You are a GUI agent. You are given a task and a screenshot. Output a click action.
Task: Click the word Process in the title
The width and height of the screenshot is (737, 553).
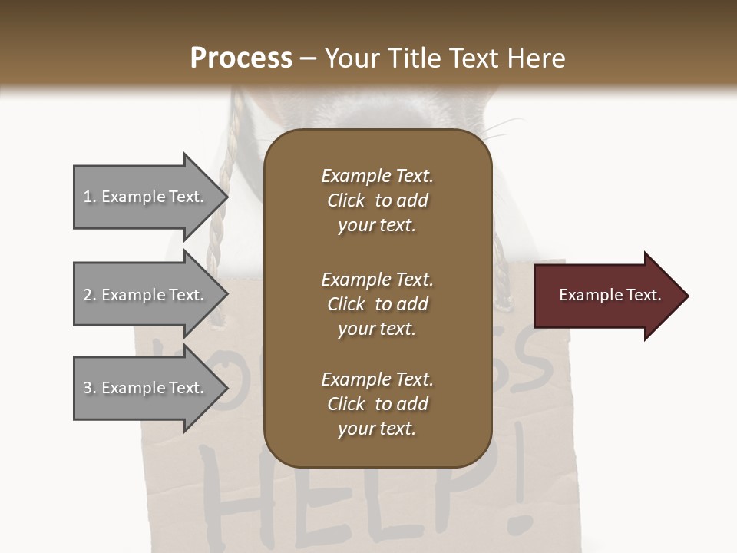tap(241, 58)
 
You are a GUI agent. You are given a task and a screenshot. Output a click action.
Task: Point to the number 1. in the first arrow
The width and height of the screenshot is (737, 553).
tap(90, 197)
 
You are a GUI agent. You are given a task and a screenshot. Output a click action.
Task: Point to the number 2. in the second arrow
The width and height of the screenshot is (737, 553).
tap(90, 295)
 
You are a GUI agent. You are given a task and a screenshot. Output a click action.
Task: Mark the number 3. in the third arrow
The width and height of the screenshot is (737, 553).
tap(90, 388)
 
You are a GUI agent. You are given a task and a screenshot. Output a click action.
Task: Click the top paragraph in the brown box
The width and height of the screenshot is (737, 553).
tap(377, 200)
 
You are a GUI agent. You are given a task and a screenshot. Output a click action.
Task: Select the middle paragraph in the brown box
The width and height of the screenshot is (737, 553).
tap(377, 303)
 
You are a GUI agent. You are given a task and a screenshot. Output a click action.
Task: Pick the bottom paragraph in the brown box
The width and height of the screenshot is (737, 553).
tap(377, 404)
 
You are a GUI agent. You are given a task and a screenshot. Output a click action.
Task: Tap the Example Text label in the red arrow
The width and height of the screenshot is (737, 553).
tap(610, 295)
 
